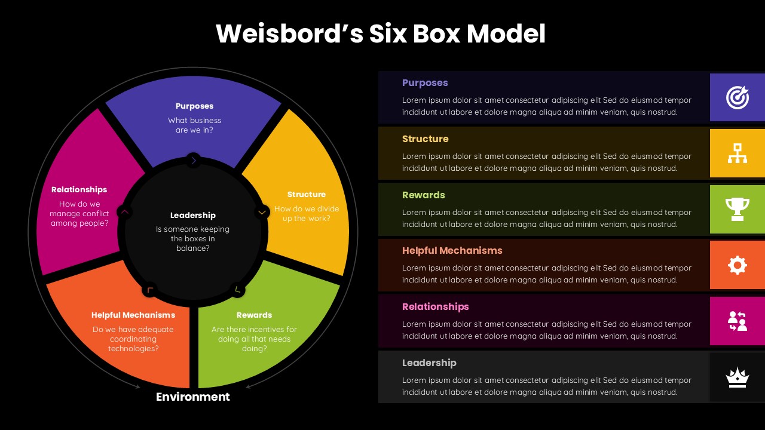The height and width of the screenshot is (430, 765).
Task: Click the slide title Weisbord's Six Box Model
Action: [x=381, y=34]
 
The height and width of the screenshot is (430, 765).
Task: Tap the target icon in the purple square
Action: [x=737, y=97]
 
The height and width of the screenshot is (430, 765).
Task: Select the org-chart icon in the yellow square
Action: [x=737, y=153]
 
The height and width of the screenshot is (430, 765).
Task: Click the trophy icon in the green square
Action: [x=737, y=209]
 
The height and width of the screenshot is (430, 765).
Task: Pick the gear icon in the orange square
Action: [x=737, y=265]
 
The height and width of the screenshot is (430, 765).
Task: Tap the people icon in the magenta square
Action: [x=737, y=321]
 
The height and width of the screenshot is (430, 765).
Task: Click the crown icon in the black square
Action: [x=737, y=377]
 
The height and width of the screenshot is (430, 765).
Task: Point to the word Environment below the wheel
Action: [x=192, y=397]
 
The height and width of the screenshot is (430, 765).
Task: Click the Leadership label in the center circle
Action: [x=192, y=216]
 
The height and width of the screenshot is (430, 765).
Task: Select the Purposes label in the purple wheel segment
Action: [x=194, y=106]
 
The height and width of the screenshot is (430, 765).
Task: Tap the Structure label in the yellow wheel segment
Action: [x=306, y=195]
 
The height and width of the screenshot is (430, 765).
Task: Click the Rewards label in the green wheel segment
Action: [x=254, y=315]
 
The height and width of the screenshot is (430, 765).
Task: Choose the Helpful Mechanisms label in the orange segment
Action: [x=133, y=315]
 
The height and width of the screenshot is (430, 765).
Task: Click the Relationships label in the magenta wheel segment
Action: [x=79, y=190]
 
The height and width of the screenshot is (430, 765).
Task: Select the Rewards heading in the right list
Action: [x=423, y=195]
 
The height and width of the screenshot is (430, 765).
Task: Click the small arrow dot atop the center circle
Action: [x=193, y=160]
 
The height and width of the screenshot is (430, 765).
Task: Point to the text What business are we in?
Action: [x=194, y=125]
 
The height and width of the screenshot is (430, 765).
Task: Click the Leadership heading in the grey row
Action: [x=429, y=363]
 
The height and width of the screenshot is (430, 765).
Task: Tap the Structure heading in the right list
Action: [x=425, y=139]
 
